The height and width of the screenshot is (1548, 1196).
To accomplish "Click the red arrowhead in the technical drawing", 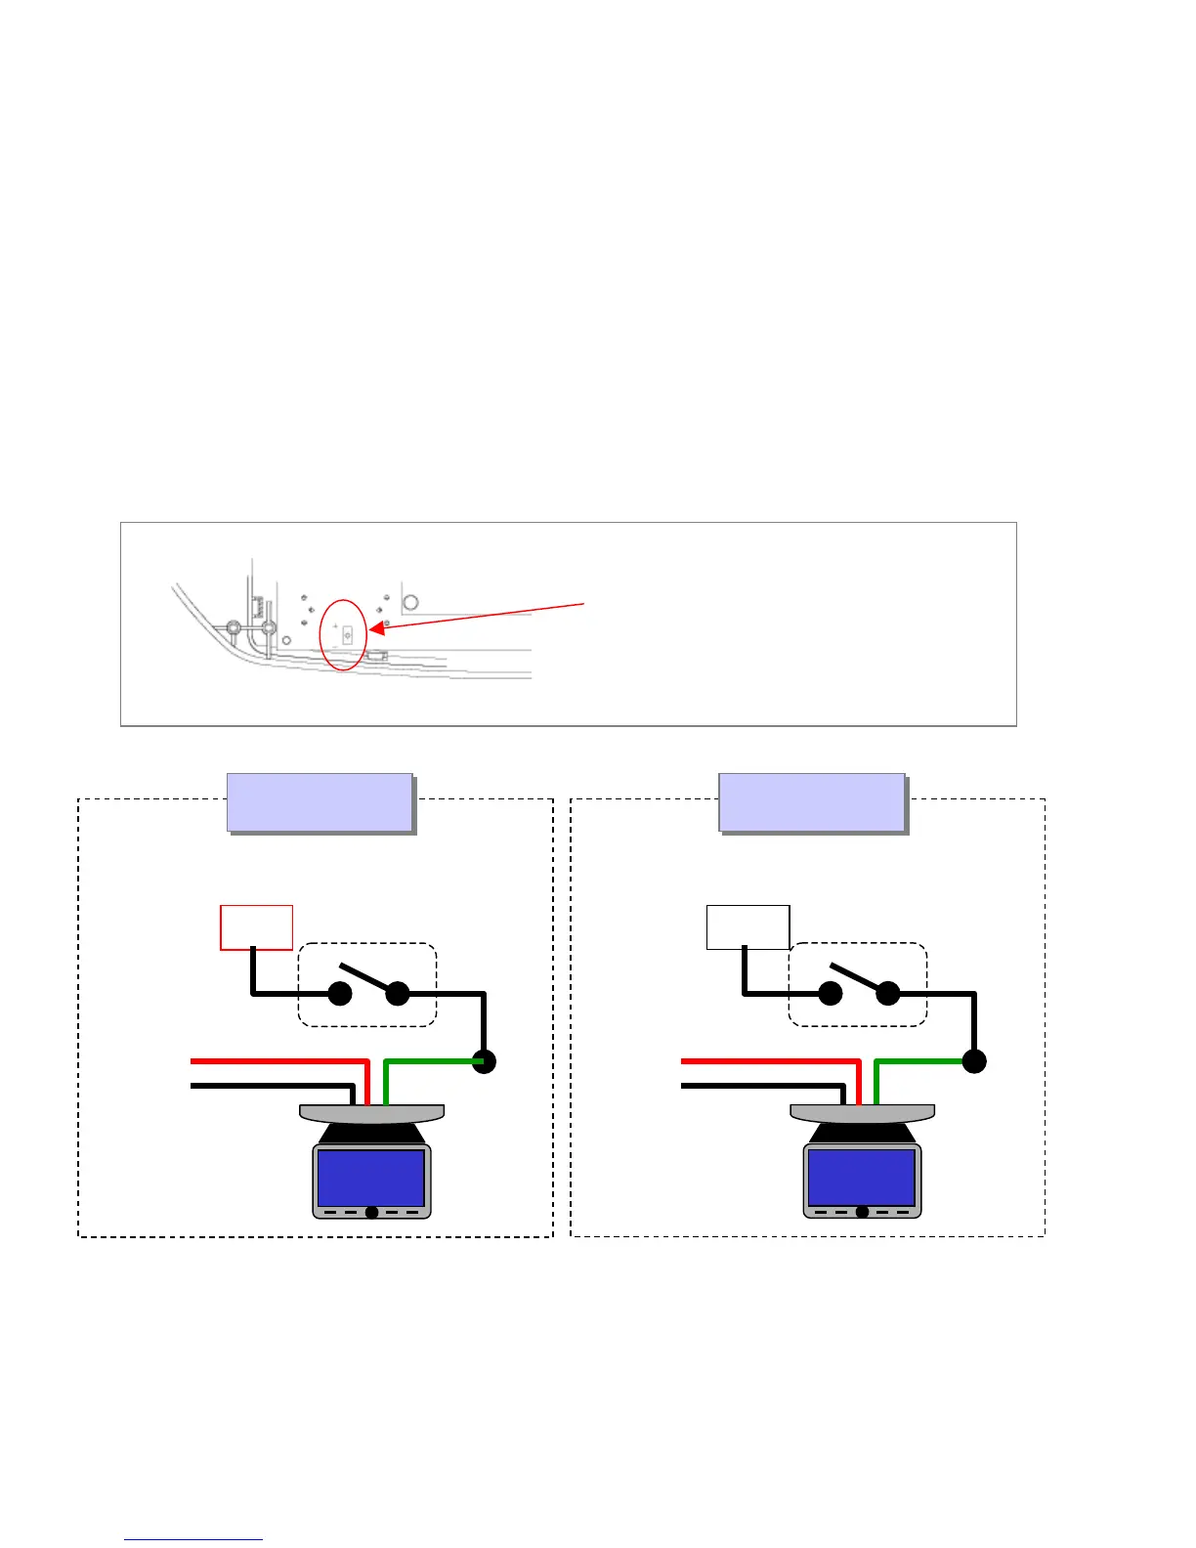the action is [x=376, y=628].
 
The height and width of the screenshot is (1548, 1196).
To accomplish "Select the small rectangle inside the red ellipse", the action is [x=347, y=632].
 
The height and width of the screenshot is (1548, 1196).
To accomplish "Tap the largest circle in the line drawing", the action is [x=410, y=602].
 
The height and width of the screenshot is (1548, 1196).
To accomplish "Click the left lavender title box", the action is [x=320, y=801].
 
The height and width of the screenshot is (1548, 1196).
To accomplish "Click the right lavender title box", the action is [x=811, y=801].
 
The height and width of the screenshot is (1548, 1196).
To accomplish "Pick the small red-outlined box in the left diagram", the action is [x=256, y=927].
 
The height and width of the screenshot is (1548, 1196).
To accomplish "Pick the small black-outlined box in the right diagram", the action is [x=747, y=927].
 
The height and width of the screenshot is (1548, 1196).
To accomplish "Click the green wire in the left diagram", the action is [x=430, y=1061].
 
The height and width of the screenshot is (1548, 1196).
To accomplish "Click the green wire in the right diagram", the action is [x=920, y=1061].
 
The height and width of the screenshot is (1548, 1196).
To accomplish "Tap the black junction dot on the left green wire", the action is [x=484, y=1061].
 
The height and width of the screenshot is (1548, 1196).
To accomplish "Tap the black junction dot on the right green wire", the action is [x=974, y=1061].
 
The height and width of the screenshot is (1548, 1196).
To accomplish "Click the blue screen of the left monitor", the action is [x=371, y=1177].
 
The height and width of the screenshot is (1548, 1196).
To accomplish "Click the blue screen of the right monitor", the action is [x=862, y=1177].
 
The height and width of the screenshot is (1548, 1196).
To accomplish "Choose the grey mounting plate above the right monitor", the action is [x=862, y=1113].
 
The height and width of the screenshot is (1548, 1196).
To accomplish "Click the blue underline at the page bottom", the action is [x=193, y=1539].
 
